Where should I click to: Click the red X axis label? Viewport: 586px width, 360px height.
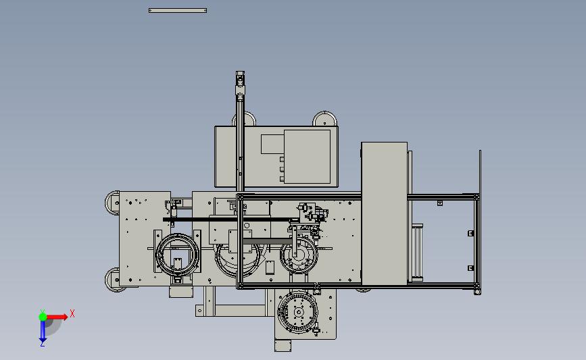point(72,313)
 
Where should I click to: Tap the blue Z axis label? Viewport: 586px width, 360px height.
point(42,344)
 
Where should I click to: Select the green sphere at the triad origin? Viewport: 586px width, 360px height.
point(43,317)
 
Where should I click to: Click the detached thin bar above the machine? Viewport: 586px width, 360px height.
point(178,10)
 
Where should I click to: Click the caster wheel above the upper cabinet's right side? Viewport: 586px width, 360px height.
point(324,119)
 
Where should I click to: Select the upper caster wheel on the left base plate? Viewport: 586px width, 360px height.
point(112,203)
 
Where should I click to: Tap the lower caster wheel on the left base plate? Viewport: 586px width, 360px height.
point(112,280)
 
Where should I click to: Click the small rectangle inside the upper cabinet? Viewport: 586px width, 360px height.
point(272,144)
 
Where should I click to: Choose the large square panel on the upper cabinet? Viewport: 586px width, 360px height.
point(308,157)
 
